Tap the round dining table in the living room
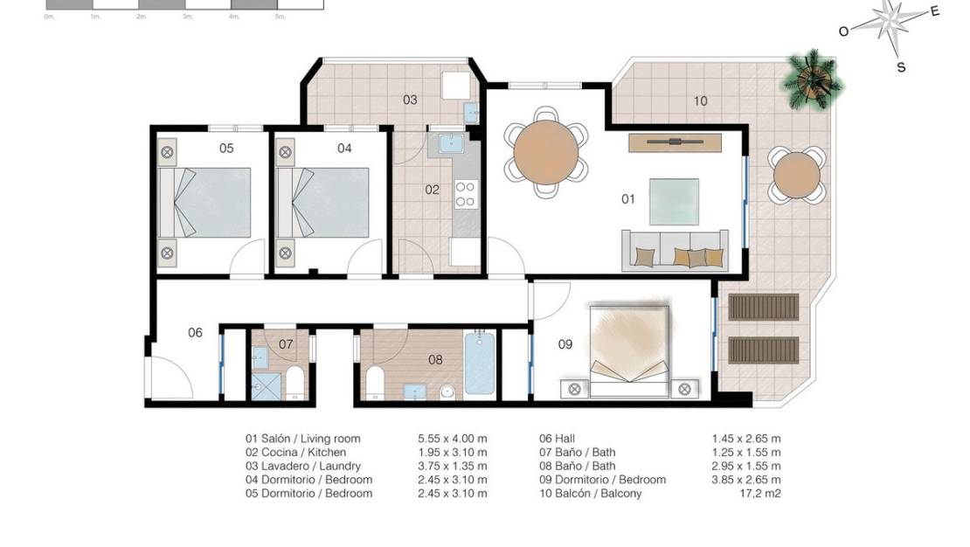click(546, 151)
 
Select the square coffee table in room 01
click(674, 201)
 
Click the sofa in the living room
click(674, 249)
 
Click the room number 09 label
click(565, 344)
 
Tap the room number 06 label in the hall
click(195, 332)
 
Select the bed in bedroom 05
click(212, 203)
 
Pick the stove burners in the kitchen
click(466, 193)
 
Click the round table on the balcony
click(796, 176)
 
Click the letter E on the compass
click(935, 11)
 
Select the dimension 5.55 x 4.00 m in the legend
click(453, 439)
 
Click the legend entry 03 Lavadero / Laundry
click(303, 467)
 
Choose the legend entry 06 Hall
click(558, 439)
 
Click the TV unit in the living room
click(675, 142)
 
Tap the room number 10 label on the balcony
click(700, 101)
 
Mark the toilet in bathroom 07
click(294, 383)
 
